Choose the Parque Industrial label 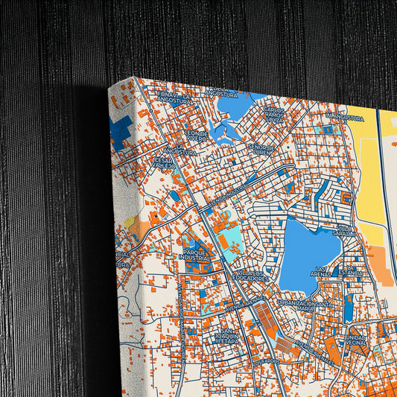coord(197,255)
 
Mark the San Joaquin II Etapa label coord(226,340)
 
